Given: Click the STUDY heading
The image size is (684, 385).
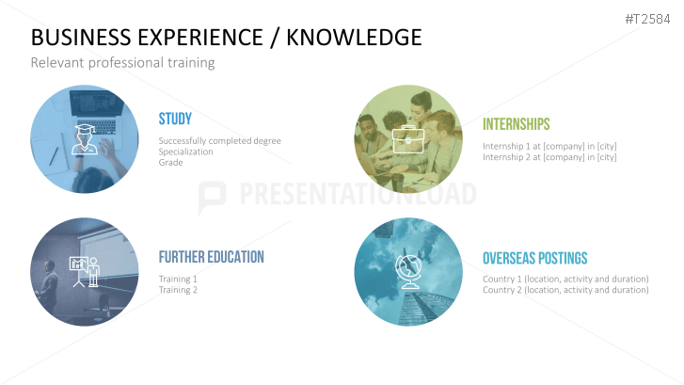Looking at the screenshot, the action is (x=175, y=119).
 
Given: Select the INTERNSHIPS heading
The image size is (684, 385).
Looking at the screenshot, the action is (x=516, y=124).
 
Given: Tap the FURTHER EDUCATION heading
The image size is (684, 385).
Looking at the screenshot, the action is (x=211, y=257).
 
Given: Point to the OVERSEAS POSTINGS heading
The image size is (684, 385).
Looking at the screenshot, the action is (x=534, y=258).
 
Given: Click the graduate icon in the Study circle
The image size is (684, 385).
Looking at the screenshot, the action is (x=85, y=139).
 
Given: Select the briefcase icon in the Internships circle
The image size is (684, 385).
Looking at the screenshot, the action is (x=408, y=139).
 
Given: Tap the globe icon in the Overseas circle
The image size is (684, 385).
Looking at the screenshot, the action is (x=408, y=272).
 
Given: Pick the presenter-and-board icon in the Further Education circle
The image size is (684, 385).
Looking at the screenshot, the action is (x=85, y=272).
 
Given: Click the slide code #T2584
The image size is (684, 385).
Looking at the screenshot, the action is (x=647, y=19).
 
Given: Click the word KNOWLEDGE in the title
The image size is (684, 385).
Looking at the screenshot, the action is (x=354, y=38).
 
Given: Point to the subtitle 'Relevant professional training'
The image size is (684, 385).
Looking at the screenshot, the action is (x=122, y=63).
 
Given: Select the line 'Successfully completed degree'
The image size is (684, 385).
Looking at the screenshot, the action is (x=219, y=140).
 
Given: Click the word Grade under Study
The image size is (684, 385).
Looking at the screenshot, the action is (x=170, y=163).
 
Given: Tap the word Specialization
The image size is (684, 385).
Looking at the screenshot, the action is (x=186, y=152).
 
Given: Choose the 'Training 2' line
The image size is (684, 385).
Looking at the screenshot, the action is (x=178, y=290).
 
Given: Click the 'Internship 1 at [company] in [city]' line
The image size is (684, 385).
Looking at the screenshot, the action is (x=549, y=146).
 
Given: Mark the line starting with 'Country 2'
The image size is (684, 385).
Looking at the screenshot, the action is (x=565, y=290).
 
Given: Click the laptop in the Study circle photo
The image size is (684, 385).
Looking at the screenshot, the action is (x=95, y=110).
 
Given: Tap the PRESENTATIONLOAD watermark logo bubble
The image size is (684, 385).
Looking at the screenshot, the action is (x=212, y=197).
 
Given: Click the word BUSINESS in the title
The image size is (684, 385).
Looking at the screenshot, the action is (x=81, y=38).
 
